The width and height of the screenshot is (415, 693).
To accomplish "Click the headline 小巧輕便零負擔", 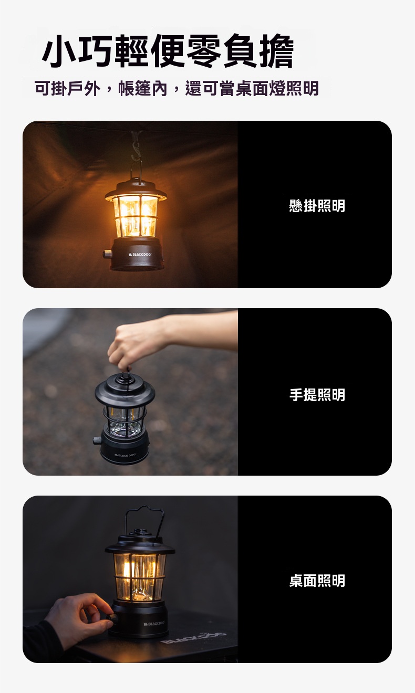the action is pos(168,51).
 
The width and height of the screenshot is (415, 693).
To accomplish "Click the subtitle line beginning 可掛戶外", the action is pos(177,89).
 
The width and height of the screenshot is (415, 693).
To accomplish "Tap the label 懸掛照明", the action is pos(317,206).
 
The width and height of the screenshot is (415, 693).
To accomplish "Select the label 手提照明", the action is pos(317,395).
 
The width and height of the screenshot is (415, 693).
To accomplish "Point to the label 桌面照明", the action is pos(317,581).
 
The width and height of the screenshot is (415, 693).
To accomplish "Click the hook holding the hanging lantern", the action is pos(136,151).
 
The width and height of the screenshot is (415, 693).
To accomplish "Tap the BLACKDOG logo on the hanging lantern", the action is pos(140,254).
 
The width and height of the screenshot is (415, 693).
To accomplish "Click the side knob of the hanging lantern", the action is pos(108,254).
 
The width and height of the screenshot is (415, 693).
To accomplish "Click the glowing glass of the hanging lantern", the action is pos(135,216).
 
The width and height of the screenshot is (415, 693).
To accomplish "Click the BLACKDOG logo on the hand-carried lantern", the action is pos(124,455).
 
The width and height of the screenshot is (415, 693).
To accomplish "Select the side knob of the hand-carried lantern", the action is pos(97,440).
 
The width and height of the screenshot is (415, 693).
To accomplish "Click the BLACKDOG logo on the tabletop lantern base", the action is pos(154,623).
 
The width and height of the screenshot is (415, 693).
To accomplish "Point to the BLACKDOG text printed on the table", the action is pos(193,637).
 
